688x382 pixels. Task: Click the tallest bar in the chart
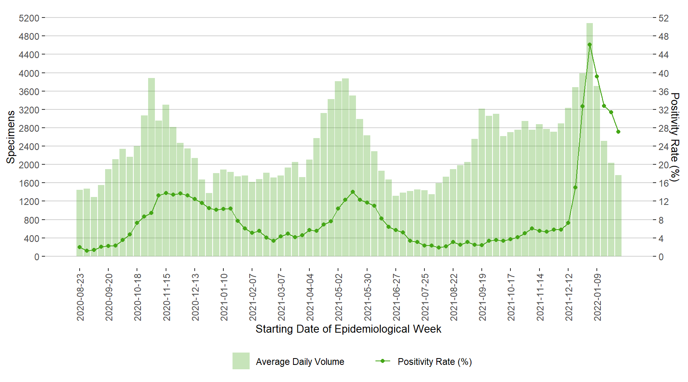(589, 139)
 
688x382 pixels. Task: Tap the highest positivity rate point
(589, 45)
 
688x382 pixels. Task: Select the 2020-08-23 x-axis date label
(80, 296)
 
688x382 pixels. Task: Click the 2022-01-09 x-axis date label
(597, 296)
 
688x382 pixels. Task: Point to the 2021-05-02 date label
(338, 296)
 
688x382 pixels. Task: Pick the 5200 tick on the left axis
(29, 18)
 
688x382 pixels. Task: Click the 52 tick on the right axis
(663, 18)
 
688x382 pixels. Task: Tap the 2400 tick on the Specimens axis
(29, 146)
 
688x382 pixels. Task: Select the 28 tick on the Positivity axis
(663, 128)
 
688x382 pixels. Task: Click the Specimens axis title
(11, 137)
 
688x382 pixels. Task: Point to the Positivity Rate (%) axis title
(674, 137)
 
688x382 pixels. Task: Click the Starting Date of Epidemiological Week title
(348, 329)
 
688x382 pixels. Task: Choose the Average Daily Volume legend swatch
(241, 361)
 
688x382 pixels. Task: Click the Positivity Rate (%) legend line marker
(383, 361)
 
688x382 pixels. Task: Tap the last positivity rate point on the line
(618, 132)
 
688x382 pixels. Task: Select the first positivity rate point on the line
(80, 247)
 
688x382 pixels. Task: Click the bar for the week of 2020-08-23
(80, 223)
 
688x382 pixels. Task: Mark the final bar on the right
(618, 216)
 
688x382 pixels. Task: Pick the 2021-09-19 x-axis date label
(482, 296)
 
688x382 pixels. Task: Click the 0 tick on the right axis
(661, 257)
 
